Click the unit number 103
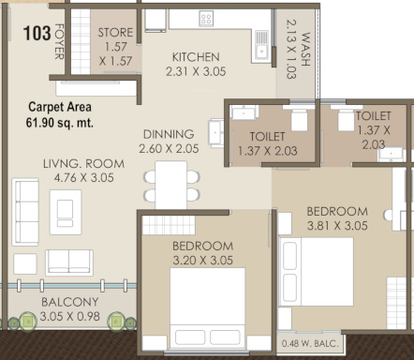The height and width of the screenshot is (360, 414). [37, 34]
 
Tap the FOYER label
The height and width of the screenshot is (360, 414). [59, 41]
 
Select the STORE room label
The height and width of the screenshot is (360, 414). [115, 33]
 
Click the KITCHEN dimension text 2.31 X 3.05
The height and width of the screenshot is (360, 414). [196, 71]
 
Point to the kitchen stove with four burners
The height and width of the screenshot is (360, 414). [206, 18]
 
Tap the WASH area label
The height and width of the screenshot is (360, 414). [305, 49]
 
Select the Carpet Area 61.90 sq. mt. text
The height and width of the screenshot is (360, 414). [60, 114]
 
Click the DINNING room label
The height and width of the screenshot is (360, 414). [169, 134]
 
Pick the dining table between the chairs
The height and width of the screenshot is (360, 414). [171, 185]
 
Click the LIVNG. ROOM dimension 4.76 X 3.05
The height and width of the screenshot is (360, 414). [83, 178]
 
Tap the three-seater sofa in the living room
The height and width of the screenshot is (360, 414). [25, 212]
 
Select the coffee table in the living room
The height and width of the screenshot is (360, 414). [66, 212]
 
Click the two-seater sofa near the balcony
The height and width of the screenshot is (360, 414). [69, 262]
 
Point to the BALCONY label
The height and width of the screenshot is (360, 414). [70, 302]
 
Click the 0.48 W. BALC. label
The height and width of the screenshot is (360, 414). [310, 344]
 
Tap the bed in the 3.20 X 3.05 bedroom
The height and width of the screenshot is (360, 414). [207, 307]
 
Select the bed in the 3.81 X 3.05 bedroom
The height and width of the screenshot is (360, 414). [317, 272]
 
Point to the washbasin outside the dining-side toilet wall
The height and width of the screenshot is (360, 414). [216, 133]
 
